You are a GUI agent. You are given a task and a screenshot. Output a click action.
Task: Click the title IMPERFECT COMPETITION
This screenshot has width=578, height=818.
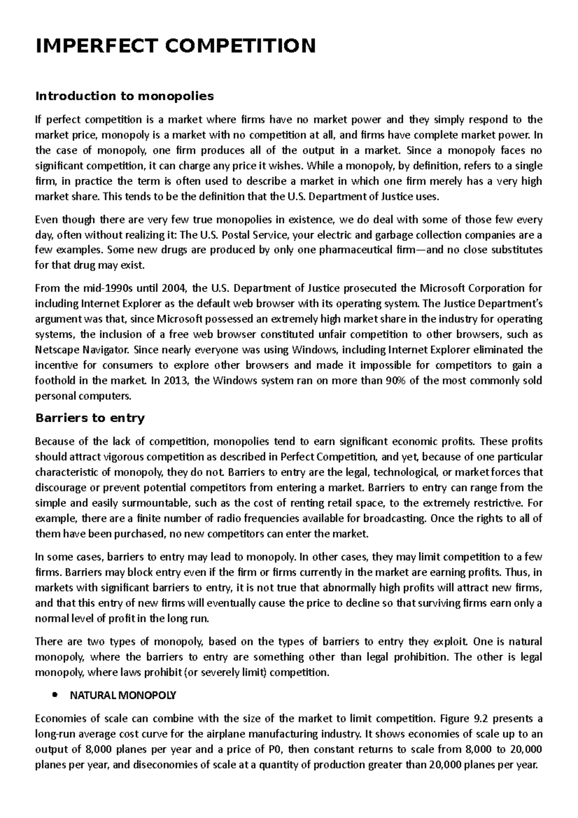pos(176,46)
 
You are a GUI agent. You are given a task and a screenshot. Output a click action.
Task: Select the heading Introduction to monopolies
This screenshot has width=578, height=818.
pos(124,96)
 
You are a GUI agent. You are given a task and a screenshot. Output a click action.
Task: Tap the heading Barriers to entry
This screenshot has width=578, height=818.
pos(90,418)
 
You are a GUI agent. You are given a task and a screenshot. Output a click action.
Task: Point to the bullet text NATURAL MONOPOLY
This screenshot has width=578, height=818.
pos(123,696)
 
